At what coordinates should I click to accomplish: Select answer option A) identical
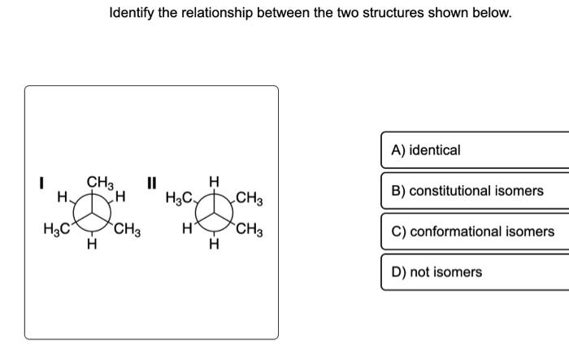point(475,150)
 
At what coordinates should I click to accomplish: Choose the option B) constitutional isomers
point(475,191)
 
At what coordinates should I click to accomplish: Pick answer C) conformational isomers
point(475,232)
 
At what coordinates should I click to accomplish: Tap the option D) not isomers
point(475,272)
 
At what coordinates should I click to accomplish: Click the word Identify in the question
point(134,14)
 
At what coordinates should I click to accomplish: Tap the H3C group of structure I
point(56,228)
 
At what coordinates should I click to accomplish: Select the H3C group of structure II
point(178,197)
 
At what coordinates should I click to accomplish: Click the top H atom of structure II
point(214,180)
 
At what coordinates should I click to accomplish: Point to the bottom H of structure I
point(92,241)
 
